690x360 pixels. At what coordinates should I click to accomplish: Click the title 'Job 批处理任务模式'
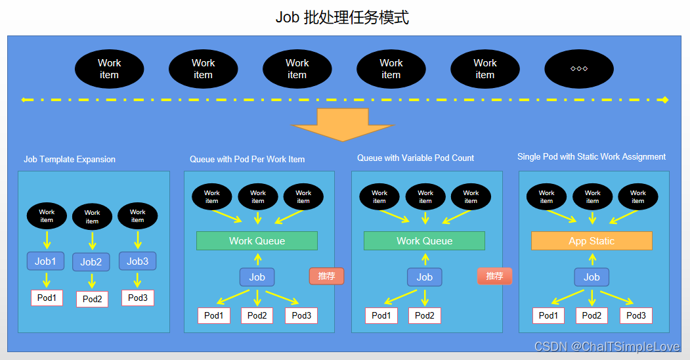coord(342,18)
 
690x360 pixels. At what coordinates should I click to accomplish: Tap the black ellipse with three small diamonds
coord(578,69)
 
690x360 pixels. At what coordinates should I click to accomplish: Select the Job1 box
coord(45,261)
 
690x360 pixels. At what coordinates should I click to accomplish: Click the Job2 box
coord(91,262)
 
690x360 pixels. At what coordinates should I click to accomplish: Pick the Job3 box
coord(137,261)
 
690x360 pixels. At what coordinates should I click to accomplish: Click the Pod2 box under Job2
coord(92,299)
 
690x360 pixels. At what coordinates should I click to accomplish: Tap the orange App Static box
coord(592,241)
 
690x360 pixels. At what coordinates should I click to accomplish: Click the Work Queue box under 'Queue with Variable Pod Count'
coord(424,241)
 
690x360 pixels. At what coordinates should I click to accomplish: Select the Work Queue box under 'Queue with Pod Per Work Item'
coord(257,241)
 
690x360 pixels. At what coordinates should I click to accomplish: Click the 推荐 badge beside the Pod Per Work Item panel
coord(326,276)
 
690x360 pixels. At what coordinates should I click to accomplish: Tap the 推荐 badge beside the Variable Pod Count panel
coord(494,276)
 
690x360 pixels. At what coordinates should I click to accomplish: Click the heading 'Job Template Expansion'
coord(70,160)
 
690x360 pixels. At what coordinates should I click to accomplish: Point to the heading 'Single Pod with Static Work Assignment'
coord(592,157)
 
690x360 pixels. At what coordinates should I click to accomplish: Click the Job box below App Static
coord(592,277)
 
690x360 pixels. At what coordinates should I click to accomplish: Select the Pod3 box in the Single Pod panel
coord(636,315)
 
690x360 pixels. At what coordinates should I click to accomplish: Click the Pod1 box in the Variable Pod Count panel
coord(381,315)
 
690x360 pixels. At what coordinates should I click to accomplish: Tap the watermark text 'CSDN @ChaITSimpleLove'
coord(607,346)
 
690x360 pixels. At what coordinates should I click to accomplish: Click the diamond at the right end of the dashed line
coord(664,100)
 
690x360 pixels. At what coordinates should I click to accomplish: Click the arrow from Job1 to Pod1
coord(46,281)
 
